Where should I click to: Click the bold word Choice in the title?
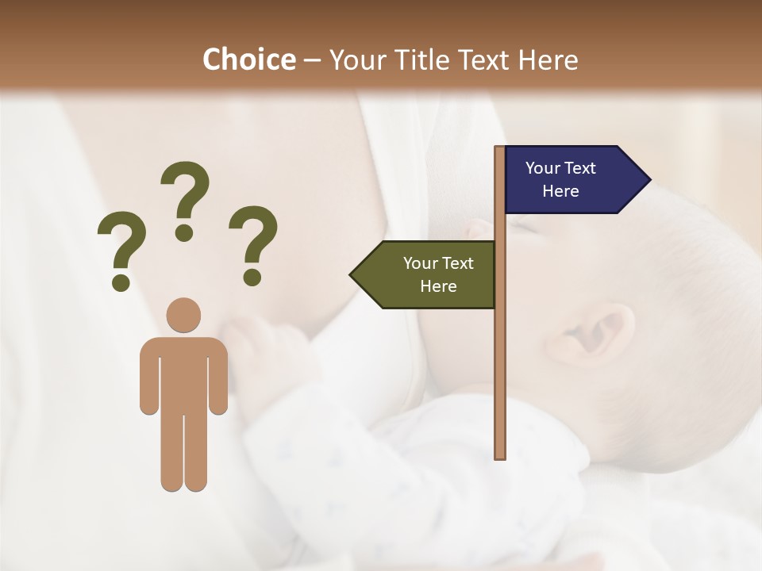click(x=248, y=60)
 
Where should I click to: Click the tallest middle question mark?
click(x=185, y=198)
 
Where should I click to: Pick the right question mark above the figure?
click(x=253, y=242)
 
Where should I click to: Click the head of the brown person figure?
click(x=184, y=315)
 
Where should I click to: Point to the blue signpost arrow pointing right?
click(x=571, y=180)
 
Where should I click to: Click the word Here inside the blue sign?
click(x=560, y=191)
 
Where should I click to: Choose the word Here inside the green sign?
click(x=438, y=286)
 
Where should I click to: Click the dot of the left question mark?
click(x=121, y=282)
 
